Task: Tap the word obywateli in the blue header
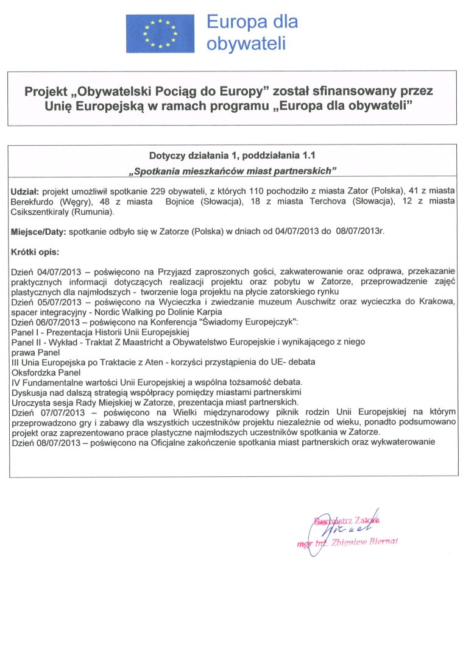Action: coord(246,43)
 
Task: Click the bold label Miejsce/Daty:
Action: coord(39,232)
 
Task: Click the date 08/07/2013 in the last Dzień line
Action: coord(60,442)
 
